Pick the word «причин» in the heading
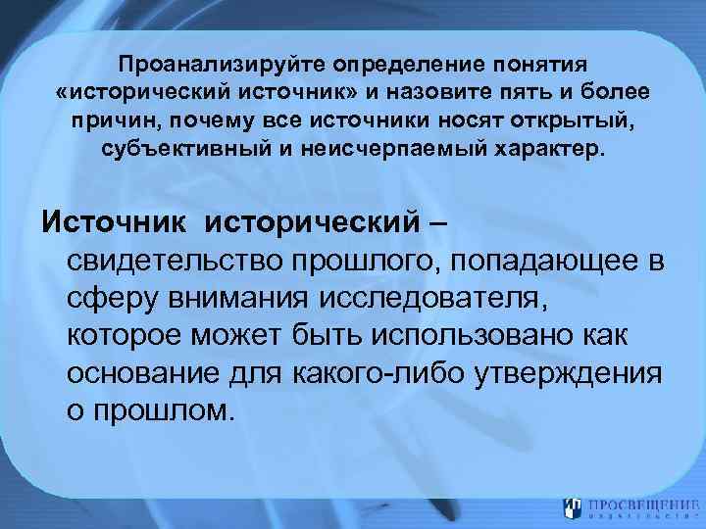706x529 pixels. pos(110,122)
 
